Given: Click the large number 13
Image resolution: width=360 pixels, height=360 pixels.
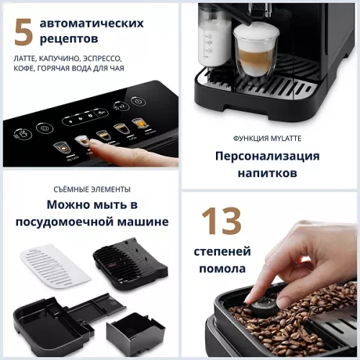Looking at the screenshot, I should pyautogui.click(x=221, y=222).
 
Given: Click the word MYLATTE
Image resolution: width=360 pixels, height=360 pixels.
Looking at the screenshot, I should pyautogui.click(x=289, y=138).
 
